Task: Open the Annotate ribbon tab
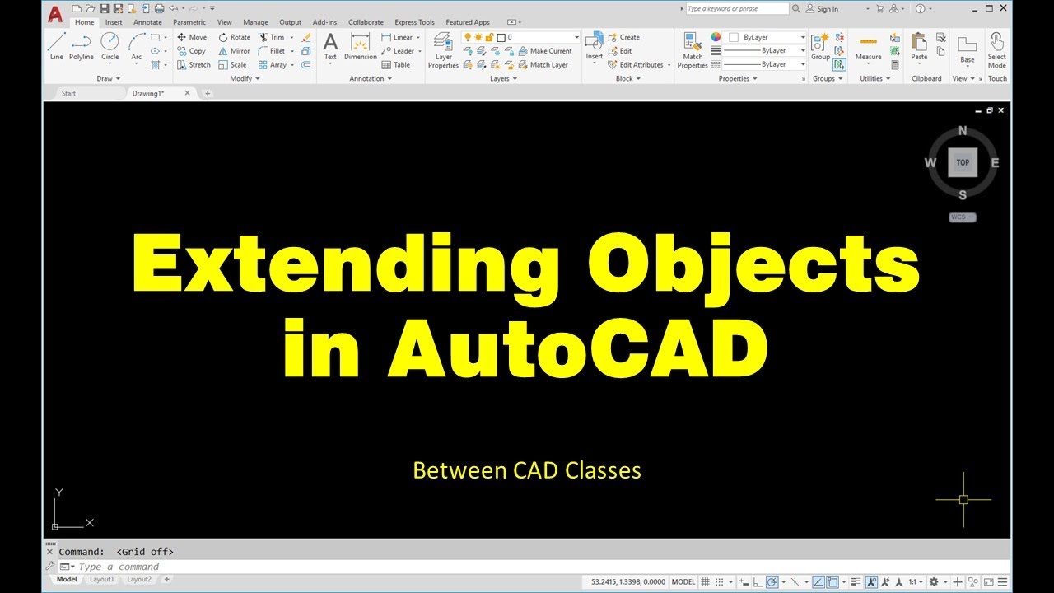[x=147, y=22]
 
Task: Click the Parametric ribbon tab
[x=189, y=22]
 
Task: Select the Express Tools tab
[x=414, y=22]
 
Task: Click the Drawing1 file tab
[x=148, y=93]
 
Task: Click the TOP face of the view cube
[x=963, y=162]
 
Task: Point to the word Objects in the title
[x=754, y=265]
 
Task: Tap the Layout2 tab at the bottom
[x=139, y=579]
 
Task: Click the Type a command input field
[x=329, y=567]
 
